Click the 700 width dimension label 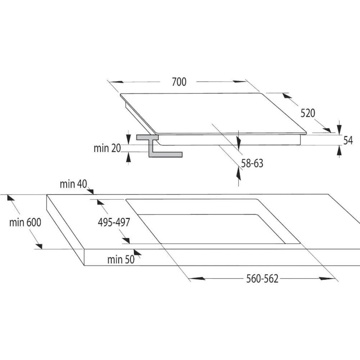tap(179, 82)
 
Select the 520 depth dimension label tap(308, 113)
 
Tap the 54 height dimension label tap(348, 140)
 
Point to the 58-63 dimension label tap(252, 163)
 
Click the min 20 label tap(107, 148)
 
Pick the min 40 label tap(73, 184)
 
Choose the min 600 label tap(25, 222)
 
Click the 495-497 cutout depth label tap(114, 222)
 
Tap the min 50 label tap(121, 260)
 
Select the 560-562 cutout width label tap(262, 279)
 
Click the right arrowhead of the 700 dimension tap(239, 81)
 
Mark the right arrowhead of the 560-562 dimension tap(328, 279)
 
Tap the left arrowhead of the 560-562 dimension tap(197, 279)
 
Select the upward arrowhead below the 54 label tap(339, 151)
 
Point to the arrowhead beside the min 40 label tap(90, 191)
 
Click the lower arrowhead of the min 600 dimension tap(39, 246)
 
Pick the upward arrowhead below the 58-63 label tap(239, 174)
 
